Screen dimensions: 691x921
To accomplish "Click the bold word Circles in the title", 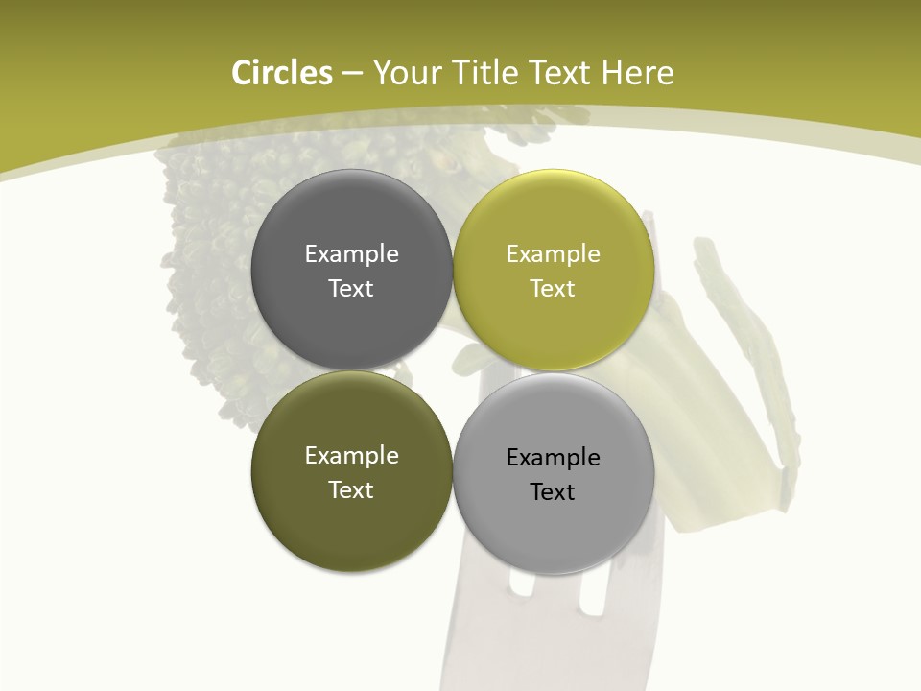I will (282, 73).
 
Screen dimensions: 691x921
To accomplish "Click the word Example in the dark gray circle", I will (351, 253).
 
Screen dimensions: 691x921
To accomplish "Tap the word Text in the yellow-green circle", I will (553, 288).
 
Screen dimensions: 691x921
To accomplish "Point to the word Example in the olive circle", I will (351, 456).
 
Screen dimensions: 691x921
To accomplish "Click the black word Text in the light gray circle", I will (553, 491).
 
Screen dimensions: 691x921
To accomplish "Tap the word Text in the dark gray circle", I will (351, 288).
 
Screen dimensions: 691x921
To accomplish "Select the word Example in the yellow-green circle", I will (553, 253).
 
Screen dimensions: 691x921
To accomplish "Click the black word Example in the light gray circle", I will (553, 457).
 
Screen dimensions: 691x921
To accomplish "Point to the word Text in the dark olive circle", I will (351, 489).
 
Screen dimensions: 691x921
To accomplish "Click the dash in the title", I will (352, 74).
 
